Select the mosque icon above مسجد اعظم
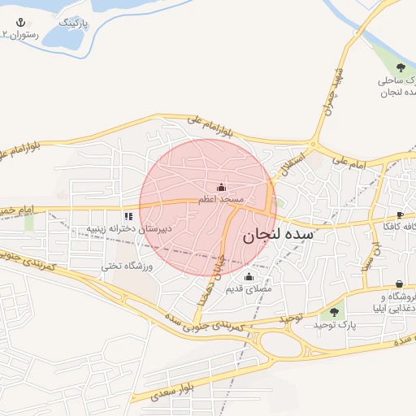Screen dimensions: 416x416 pyautogui.click(x=222, y=188)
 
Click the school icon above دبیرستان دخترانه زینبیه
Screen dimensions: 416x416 pyautogui.click(x=128, y=216)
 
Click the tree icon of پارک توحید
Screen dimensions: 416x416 pyautogui.click(x=333, y=313)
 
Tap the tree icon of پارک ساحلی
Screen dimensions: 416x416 pyautogui.click(x=401, y=67)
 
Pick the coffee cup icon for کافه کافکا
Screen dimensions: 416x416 pyautogui.click(x=400, y=214)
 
